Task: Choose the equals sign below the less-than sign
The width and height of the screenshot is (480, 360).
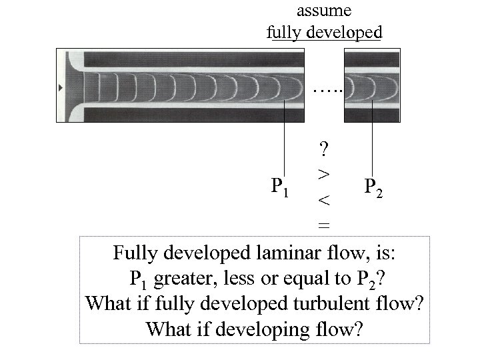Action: (x=323, y=225)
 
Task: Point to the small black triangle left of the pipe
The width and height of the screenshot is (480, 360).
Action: (x=61, y=87)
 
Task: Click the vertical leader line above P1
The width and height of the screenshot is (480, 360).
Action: (x=286, y=137)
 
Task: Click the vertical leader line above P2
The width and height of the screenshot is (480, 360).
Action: (x=371, y=137)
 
